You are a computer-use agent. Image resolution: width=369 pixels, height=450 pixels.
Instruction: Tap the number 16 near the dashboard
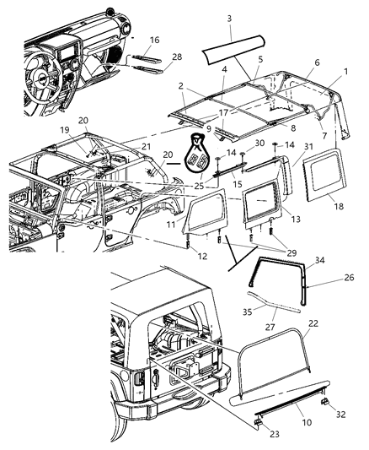pos(154,40)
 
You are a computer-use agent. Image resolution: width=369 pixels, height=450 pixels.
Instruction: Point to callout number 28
pos(176,57)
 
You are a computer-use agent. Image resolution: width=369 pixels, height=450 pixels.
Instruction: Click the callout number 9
pos(206,128)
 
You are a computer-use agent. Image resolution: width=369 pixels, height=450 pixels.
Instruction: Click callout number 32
pos(341,415)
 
